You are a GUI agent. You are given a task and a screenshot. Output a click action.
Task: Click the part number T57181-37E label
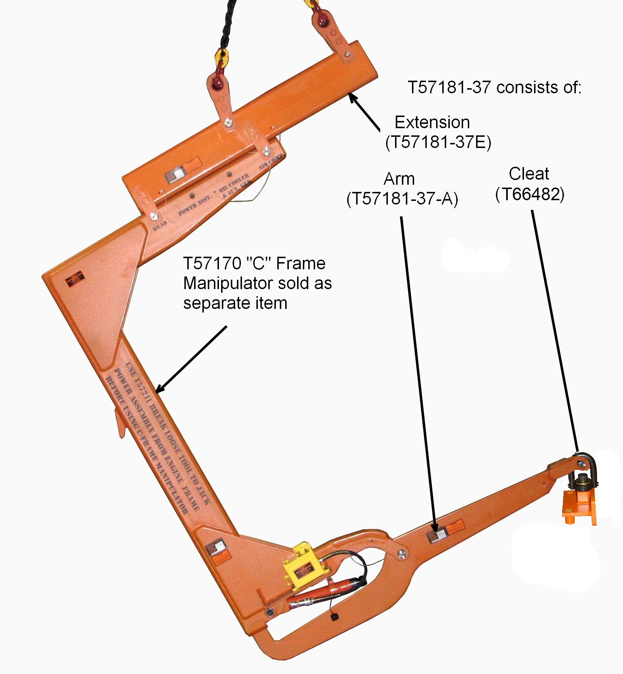[x=438, y=143]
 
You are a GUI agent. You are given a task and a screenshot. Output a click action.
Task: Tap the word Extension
[x=432, y=123]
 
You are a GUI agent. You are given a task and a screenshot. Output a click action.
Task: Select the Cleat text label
[x=529, y=174]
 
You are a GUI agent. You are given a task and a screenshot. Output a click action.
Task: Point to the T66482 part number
[x=530, y=195]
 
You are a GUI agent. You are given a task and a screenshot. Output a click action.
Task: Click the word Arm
[x=399, y=179]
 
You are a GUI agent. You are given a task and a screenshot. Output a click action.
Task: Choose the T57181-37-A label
[x=402, y=199]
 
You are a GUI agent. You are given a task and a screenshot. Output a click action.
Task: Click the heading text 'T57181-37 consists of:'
[x=494, y=87]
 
